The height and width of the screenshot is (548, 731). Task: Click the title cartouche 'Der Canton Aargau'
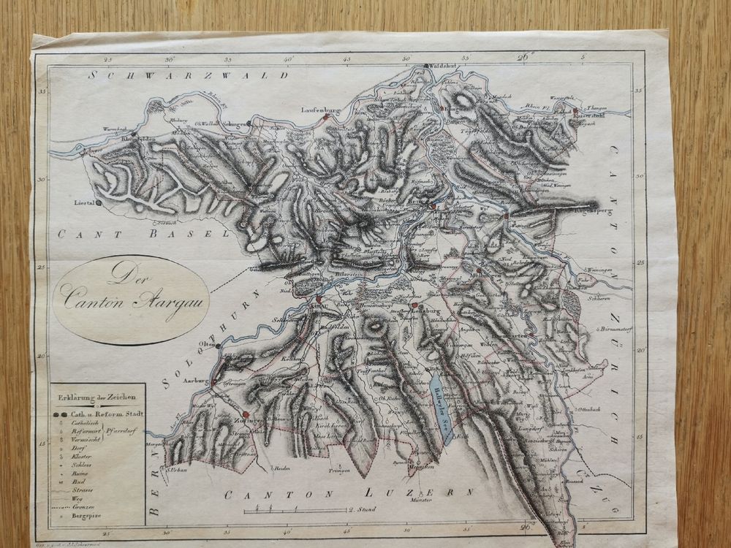pos(131,298)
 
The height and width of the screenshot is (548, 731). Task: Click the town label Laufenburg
pos(322,110)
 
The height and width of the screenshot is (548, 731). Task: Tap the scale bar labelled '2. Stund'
pos(307,510)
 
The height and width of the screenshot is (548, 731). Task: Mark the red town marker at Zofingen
pos(246,414)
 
